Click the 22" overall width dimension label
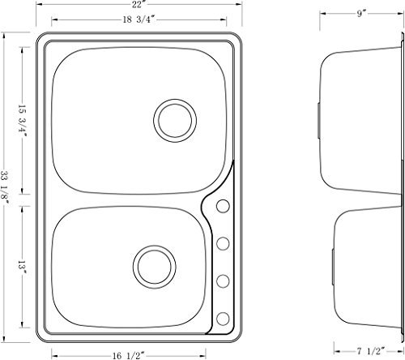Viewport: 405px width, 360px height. pyautogui.click(x=139, y=4)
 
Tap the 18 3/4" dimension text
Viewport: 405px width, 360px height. pyautogui.click(x=139, y=19)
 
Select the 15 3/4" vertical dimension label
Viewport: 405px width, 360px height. pyautogui.click(x=22, y=121)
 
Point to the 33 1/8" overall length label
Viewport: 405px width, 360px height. pyautogui.click(x=5, y=187)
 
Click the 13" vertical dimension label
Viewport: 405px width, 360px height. pyautogui.click(x=22, y=267)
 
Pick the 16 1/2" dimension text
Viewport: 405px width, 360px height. pyautogui.click(x=129, y=356)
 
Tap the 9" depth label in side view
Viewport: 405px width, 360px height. pyautogui.click(x=361, y=14)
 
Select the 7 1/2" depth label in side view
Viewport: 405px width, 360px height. pyautogui.click(x=371, y=351)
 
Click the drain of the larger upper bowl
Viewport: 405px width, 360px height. pyautogui.click(x=175, y=121)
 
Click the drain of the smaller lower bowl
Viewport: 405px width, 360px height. pyautogui.click(x=155, y=267)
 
